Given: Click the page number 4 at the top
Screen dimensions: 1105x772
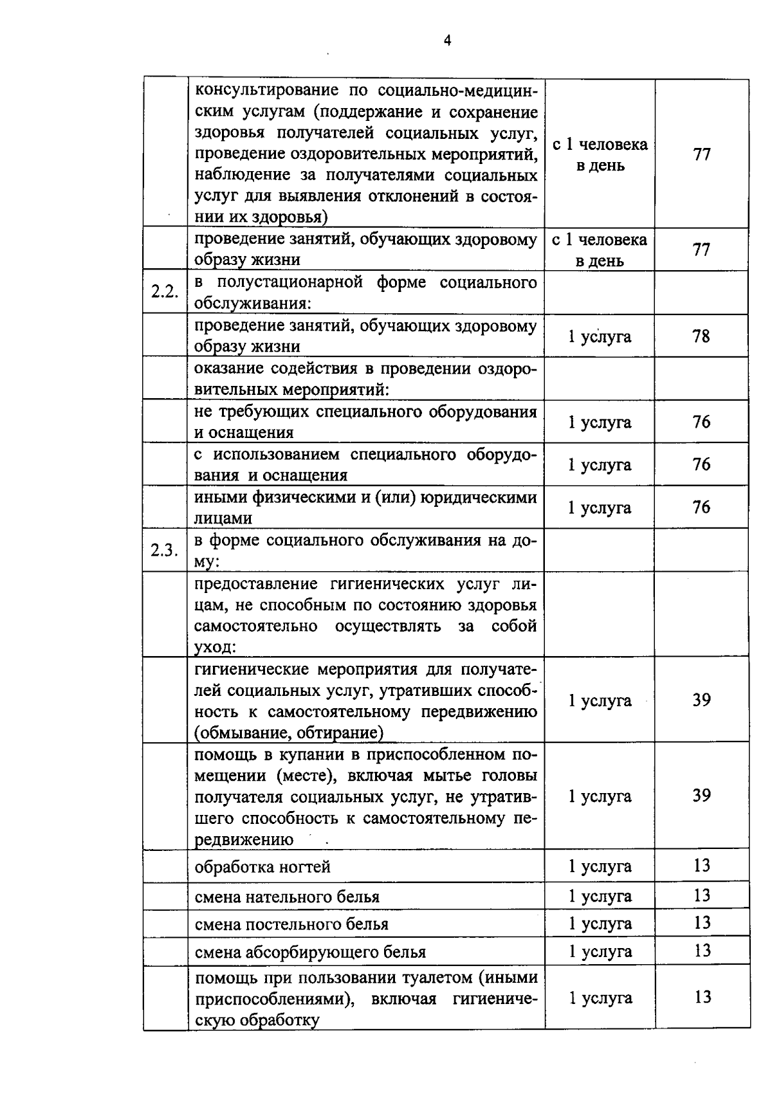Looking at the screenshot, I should coord(447,41).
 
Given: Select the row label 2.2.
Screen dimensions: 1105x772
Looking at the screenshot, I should coord(164,291).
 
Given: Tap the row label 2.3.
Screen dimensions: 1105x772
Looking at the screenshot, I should coord(164,550).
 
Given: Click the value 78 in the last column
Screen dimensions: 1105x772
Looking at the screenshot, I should coord(701,336).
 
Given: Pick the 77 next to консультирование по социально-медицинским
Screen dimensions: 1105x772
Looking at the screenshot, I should coord(701,154).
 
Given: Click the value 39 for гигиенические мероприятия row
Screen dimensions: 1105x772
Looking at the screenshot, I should coord(701,700).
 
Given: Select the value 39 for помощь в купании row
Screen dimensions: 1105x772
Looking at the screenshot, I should coord(701,796).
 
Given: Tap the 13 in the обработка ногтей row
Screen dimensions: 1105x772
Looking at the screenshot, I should coord(702,865).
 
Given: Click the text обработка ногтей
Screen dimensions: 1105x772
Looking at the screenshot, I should coord(262,867).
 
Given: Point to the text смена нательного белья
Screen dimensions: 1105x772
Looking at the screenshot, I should coord(287,897).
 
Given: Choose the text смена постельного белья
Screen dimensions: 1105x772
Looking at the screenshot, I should coord(291,924).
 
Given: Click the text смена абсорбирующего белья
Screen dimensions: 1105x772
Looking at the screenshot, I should coord(310,952).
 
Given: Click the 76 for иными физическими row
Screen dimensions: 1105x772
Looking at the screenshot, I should coord(701,507).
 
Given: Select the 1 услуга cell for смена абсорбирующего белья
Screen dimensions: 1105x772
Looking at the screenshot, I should coord(600,951).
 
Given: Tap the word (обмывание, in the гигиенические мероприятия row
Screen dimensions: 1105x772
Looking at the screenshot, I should coord(235,733).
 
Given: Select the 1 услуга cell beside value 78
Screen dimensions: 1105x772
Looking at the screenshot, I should coord(600,336).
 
